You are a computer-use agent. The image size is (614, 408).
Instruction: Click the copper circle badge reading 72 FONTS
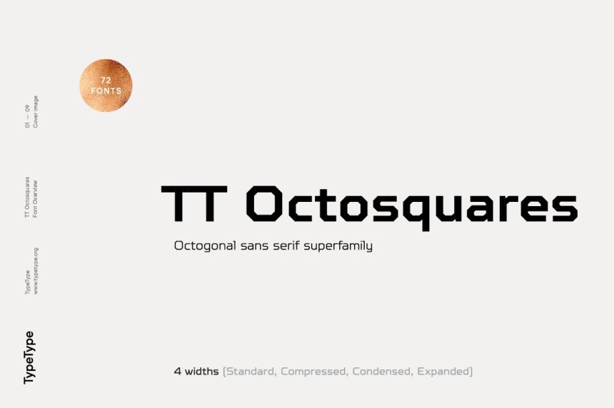pyautogui.click(x=106, y=86)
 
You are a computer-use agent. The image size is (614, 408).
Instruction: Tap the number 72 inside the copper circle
pyautogui.click(x=106, y=80)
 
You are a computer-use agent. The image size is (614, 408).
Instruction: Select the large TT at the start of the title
pyautogui.click(x=194, y=203)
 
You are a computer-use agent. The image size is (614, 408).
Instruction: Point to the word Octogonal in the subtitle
pyautogui.click(x=205, y=246)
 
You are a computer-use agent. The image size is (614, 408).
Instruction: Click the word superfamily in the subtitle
pyautogui.click(x=338, y=246)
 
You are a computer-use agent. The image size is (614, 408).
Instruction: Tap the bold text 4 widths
pyautogui.click(x=196, y=371)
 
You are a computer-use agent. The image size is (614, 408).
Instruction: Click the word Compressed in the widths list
pyautogui.click(x=313, y=371)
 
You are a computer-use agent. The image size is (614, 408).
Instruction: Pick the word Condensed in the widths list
pyautogui.click(x=382, y=371)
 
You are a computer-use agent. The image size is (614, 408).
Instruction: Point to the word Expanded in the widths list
pyautogui.click(x=443, y=371)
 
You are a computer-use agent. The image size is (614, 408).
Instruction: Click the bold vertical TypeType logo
pyautogui.click(x=29, y=357)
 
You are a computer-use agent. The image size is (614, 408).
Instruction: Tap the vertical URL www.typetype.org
pyautogui.click(x=36, y=271)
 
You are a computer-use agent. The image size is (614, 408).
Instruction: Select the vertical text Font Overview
pyautogui.click(x=35, y=199)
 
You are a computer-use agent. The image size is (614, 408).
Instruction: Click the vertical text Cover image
pyautogui.click(x=35, y=111)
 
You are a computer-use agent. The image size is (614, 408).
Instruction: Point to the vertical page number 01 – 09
pyautogui.click(x=27, y=116)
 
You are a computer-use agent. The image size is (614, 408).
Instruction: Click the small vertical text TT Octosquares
pyautogui.click(x=27, y=197)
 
